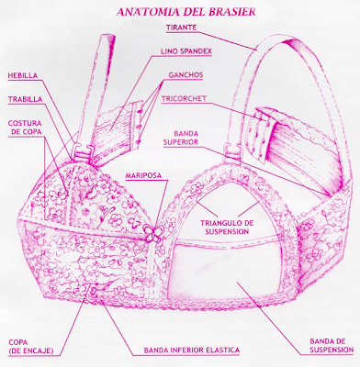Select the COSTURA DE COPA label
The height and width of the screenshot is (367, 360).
(25, 127)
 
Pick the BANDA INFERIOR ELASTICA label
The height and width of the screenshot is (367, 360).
(192, 350)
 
